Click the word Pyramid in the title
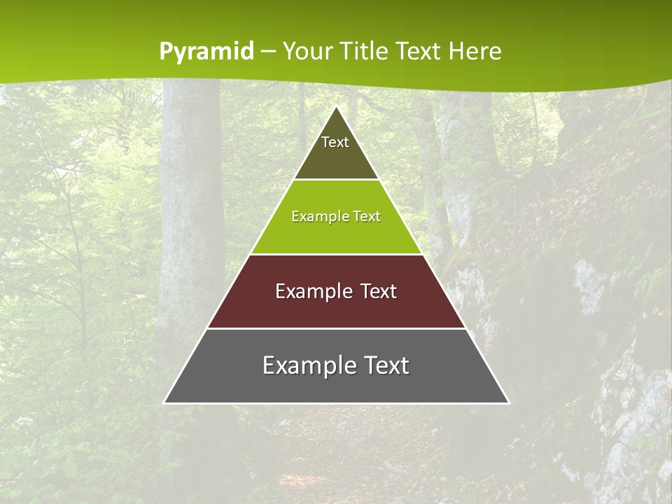point(206,52)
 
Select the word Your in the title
point(305,51)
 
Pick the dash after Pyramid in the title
point(267,52)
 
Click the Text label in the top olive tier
point(335,142)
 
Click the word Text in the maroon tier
point(379,291)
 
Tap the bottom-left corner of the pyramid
point(164,402)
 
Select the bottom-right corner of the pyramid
point(509,402)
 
